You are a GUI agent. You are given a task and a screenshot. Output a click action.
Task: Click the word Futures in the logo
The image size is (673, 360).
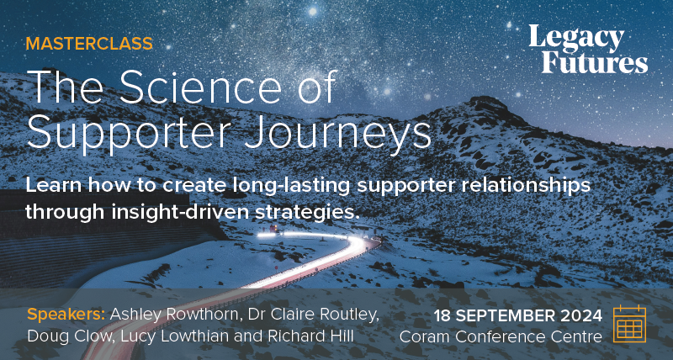(x=595, y=62)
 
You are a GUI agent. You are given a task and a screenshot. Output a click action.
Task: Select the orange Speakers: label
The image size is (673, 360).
(x=66, y=315)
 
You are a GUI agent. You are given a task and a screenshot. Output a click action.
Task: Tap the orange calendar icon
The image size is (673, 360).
(x=629, y=323)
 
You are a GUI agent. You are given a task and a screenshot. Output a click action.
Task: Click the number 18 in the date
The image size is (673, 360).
(x=443, y=316)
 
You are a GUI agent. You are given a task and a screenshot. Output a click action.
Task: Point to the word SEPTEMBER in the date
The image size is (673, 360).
(x=506, y=316)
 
